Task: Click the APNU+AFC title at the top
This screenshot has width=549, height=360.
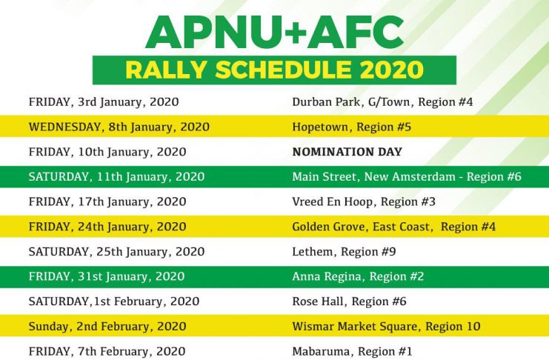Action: pyautogui.click(x=274, y=32)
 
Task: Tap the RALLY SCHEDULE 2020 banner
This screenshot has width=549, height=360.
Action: pyautogui.click(x=274, y=70)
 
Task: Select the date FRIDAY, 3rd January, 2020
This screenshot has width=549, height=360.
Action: pyautogui.click(x=104, y=102)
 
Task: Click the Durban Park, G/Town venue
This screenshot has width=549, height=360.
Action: pyautogui.click(x=382, y=102)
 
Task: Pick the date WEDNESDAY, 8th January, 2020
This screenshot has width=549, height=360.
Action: pyautogui.click(x=119, y=127)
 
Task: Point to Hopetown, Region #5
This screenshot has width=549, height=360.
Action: pyautogui.click(x=351, y=127)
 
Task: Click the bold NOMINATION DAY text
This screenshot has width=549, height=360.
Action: pyautogui.click(x=347, y=152)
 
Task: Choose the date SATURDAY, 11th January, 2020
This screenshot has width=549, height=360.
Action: pyautogui.click(x=116, y=177)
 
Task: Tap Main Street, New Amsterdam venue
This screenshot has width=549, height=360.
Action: pyautogui.click(x=407, y=177)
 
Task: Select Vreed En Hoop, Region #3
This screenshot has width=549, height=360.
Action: pyautogui.click(x=364, y=202)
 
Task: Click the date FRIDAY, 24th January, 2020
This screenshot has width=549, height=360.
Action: pyautogui.click(x=107, y=227)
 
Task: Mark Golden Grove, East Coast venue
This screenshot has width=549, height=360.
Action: pyautogui.click(x=394, y=227)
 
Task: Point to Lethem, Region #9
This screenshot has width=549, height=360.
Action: pyautogui.click(x=344, y=252)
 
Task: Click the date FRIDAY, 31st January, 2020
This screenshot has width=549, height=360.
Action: pyautogui.click(x=107, y=276)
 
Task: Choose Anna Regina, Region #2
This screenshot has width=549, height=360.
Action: pyautogui.click(x=358, y=277)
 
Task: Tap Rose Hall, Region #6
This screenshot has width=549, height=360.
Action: pyautogui.click(x=349, y=302)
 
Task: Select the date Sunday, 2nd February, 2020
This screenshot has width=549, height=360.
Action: pyautogui.click(x=107, y=327)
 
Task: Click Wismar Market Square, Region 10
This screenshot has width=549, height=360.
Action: pyautogui.click(x=386, y=327)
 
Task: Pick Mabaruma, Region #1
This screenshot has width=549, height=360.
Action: pyautogui.click(x=352, y=351)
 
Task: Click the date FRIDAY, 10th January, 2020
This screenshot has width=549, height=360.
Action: pyautogui.click(x=107, y=153)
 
